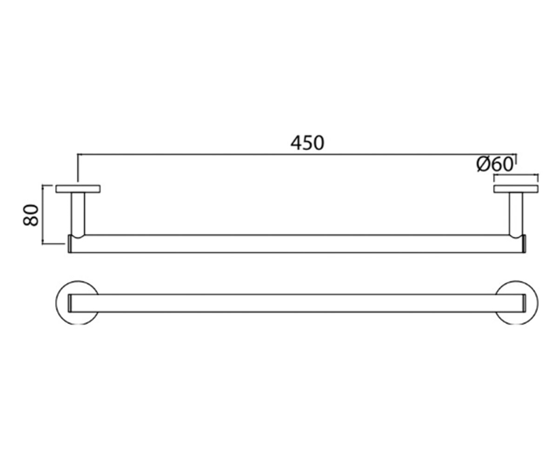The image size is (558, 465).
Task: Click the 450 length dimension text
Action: (x=307, y=143)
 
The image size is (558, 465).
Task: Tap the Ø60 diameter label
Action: (x=495, y=164)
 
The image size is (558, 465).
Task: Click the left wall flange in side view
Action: (x=78, y=189)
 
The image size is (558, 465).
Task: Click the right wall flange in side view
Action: (x=516, y=189)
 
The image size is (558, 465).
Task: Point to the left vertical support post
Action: (x=78, y=214)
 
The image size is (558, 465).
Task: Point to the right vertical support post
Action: (x=516, y=214)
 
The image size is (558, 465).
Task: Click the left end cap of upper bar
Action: (x=70, y=244)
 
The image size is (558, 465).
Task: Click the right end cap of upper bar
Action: (x=525, y=244)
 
